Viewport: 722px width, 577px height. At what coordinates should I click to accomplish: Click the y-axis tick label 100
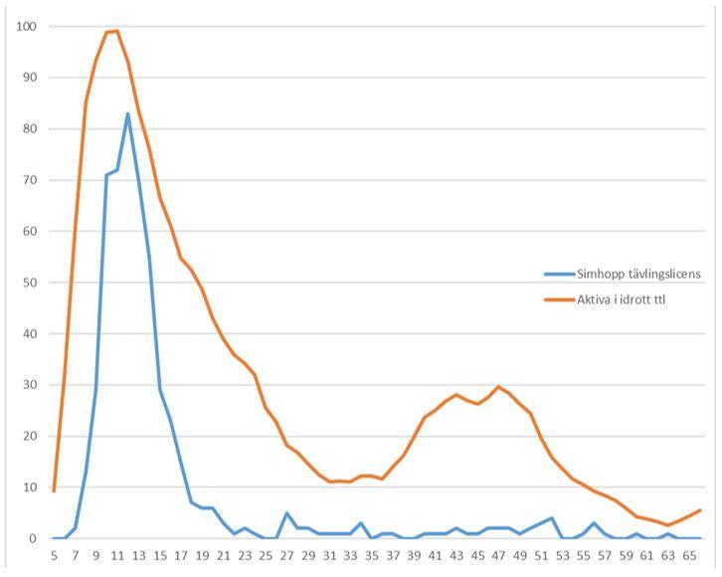(25, 26)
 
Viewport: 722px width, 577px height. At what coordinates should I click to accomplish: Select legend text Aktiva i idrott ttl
(621, 297)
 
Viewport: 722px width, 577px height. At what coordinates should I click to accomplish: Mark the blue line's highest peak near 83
(127, 113)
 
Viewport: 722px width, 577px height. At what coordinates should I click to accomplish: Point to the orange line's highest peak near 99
(116, 31)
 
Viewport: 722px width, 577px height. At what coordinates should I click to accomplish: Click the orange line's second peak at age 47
(498, 387)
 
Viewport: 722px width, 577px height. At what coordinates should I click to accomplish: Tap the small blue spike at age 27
(286, 513)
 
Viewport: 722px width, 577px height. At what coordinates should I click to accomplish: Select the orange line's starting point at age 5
(54, 490)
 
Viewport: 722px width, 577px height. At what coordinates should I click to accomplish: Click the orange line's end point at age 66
(700, 510)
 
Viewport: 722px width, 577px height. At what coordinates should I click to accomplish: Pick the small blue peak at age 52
(551, 518)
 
